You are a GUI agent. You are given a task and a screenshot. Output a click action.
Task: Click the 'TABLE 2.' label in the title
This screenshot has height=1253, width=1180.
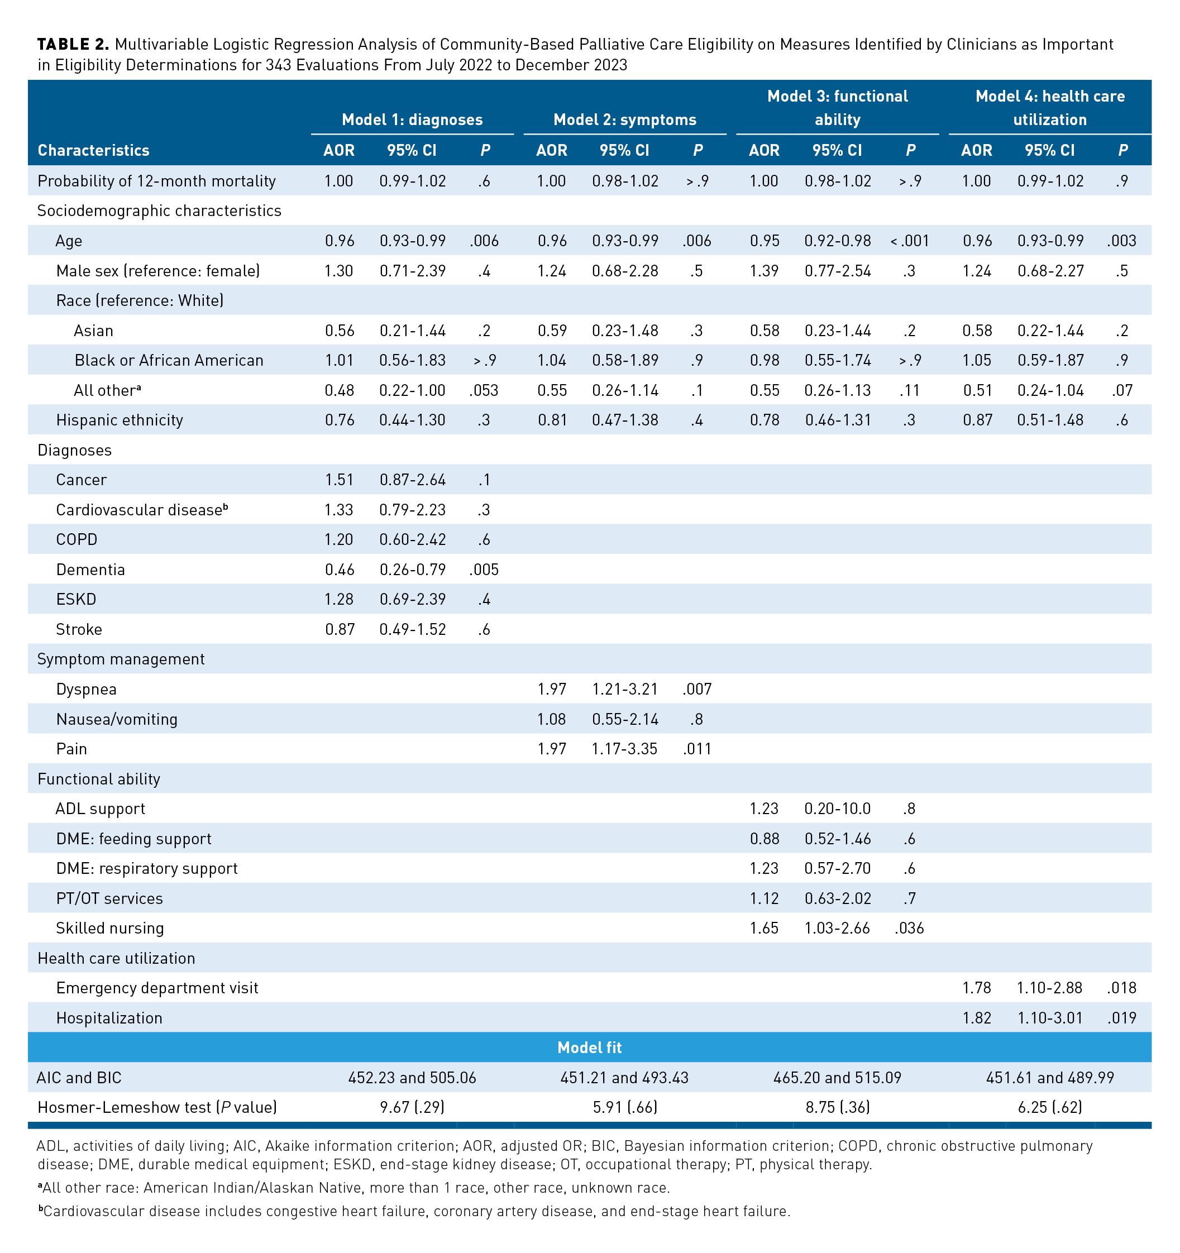click(x=73, y=44)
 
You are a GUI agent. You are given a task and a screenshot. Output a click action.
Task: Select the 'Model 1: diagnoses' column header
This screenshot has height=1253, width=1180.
click(x=412, y=119)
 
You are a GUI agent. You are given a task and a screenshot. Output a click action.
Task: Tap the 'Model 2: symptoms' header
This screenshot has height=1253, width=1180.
click(x=625, y=119)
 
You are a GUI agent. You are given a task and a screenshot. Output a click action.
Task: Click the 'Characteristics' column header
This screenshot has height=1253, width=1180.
click(x=93, y=150)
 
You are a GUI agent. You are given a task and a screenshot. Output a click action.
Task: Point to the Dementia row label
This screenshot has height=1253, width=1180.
click(x=90, y=569)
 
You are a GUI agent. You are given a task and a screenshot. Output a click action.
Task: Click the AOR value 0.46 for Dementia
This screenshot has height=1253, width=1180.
click(x=339, y=569)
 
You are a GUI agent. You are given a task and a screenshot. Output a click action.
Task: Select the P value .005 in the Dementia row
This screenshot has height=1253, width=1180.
click(x=484, y=569)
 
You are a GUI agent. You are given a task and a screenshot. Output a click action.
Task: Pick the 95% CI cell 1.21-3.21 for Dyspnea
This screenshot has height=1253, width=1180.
click(x=625, y=689)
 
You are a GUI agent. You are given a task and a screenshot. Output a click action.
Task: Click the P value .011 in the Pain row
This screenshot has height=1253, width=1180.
click(x=696, y=749)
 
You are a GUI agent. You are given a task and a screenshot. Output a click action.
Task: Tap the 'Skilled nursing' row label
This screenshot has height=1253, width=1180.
click(x=109, y=928)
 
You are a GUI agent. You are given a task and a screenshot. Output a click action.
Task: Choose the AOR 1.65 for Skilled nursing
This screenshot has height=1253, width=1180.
click(x=764, y=928)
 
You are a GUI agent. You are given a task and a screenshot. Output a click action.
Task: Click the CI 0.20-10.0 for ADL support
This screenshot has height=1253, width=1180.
click(x=837, y=809)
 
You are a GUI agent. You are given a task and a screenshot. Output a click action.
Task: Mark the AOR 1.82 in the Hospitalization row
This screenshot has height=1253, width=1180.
click(x=976, y=1018)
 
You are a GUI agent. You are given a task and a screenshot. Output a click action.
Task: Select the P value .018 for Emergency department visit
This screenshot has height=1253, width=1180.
click(x=1121, y=988)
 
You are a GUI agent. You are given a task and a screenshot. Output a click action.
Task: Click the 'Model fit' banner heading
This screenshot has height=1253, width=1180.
click(x=589, y=1048)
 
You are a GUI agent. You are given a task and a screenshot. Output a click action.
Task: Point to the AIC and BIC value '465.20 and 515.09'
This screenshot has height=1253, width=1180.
click(x=837, y=1078)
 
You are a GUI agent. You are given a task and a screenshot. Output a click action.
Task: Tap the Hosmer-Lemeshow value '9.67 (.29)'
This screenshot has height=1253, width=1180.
click(x=412, y=1107)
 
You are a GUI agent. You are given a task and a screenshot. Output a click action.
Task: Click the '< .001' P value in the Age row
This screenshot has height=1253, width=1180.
click(x=909, y=241)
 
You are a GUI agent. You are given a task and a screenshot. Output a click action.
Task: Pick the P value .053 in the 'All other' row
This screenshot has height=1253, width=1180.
click(x=484, y=390)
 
